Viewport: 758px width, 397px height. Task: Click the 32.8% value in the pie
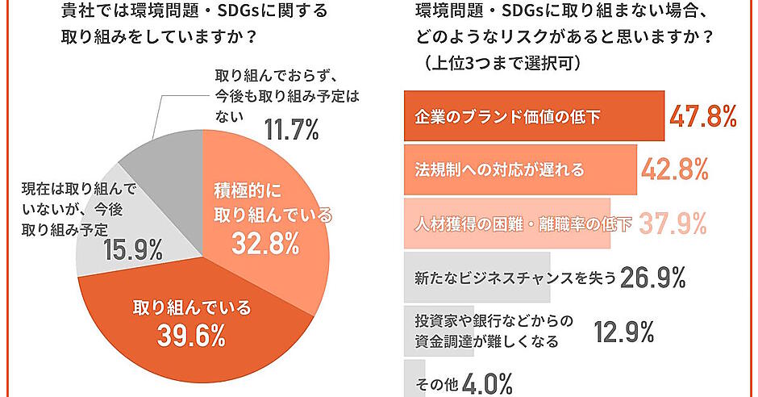[265, 243]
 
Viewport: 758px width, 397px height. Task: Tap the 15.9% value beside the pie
[134, 251]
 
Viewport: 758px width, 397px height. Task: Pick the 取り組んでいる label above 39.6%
[191, 307]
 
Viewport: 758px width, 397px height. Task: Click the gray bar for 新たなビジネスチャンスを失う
[476, 278]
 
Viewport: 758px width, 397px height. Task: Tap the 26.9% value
[652, 278]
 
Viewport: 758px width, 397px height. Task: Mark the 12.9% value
[623, 331]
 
